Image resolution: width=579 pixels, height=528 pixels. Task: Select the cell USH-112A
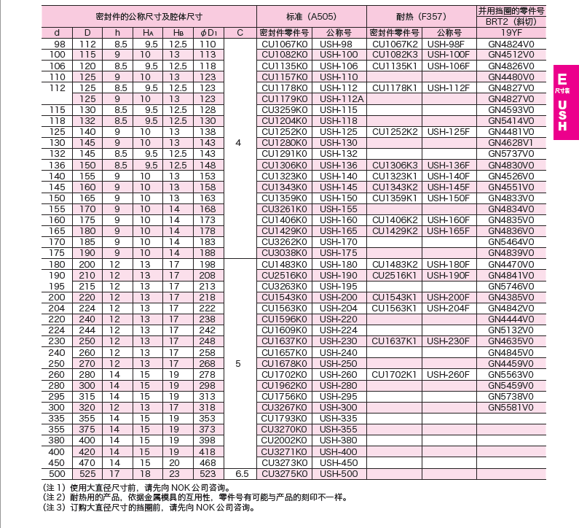[339, 98]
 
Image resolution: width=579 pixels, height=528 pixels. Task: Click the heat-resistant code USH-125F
[448, 131]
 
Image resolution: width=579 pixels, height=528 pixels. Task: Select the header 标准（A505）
[311, 15]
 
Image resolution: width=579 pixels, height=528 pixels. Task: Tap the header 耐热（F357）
[421, 15]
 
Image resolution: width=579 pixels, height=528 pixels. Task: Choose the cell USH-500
[339, 473]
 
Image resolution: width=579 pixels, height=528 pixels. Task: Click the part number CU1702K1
[394, 374]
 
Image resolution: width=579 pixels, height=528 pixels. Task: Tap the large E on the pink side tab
[562, 79]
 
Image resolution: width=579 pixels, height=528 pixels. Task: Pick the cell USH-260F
[448, 374]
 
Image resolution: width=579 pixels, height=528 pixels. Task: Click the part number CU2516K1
[394, 275]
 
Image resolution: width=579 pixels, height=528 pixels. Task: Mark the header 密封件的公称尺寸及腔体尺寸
[149, 15]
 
